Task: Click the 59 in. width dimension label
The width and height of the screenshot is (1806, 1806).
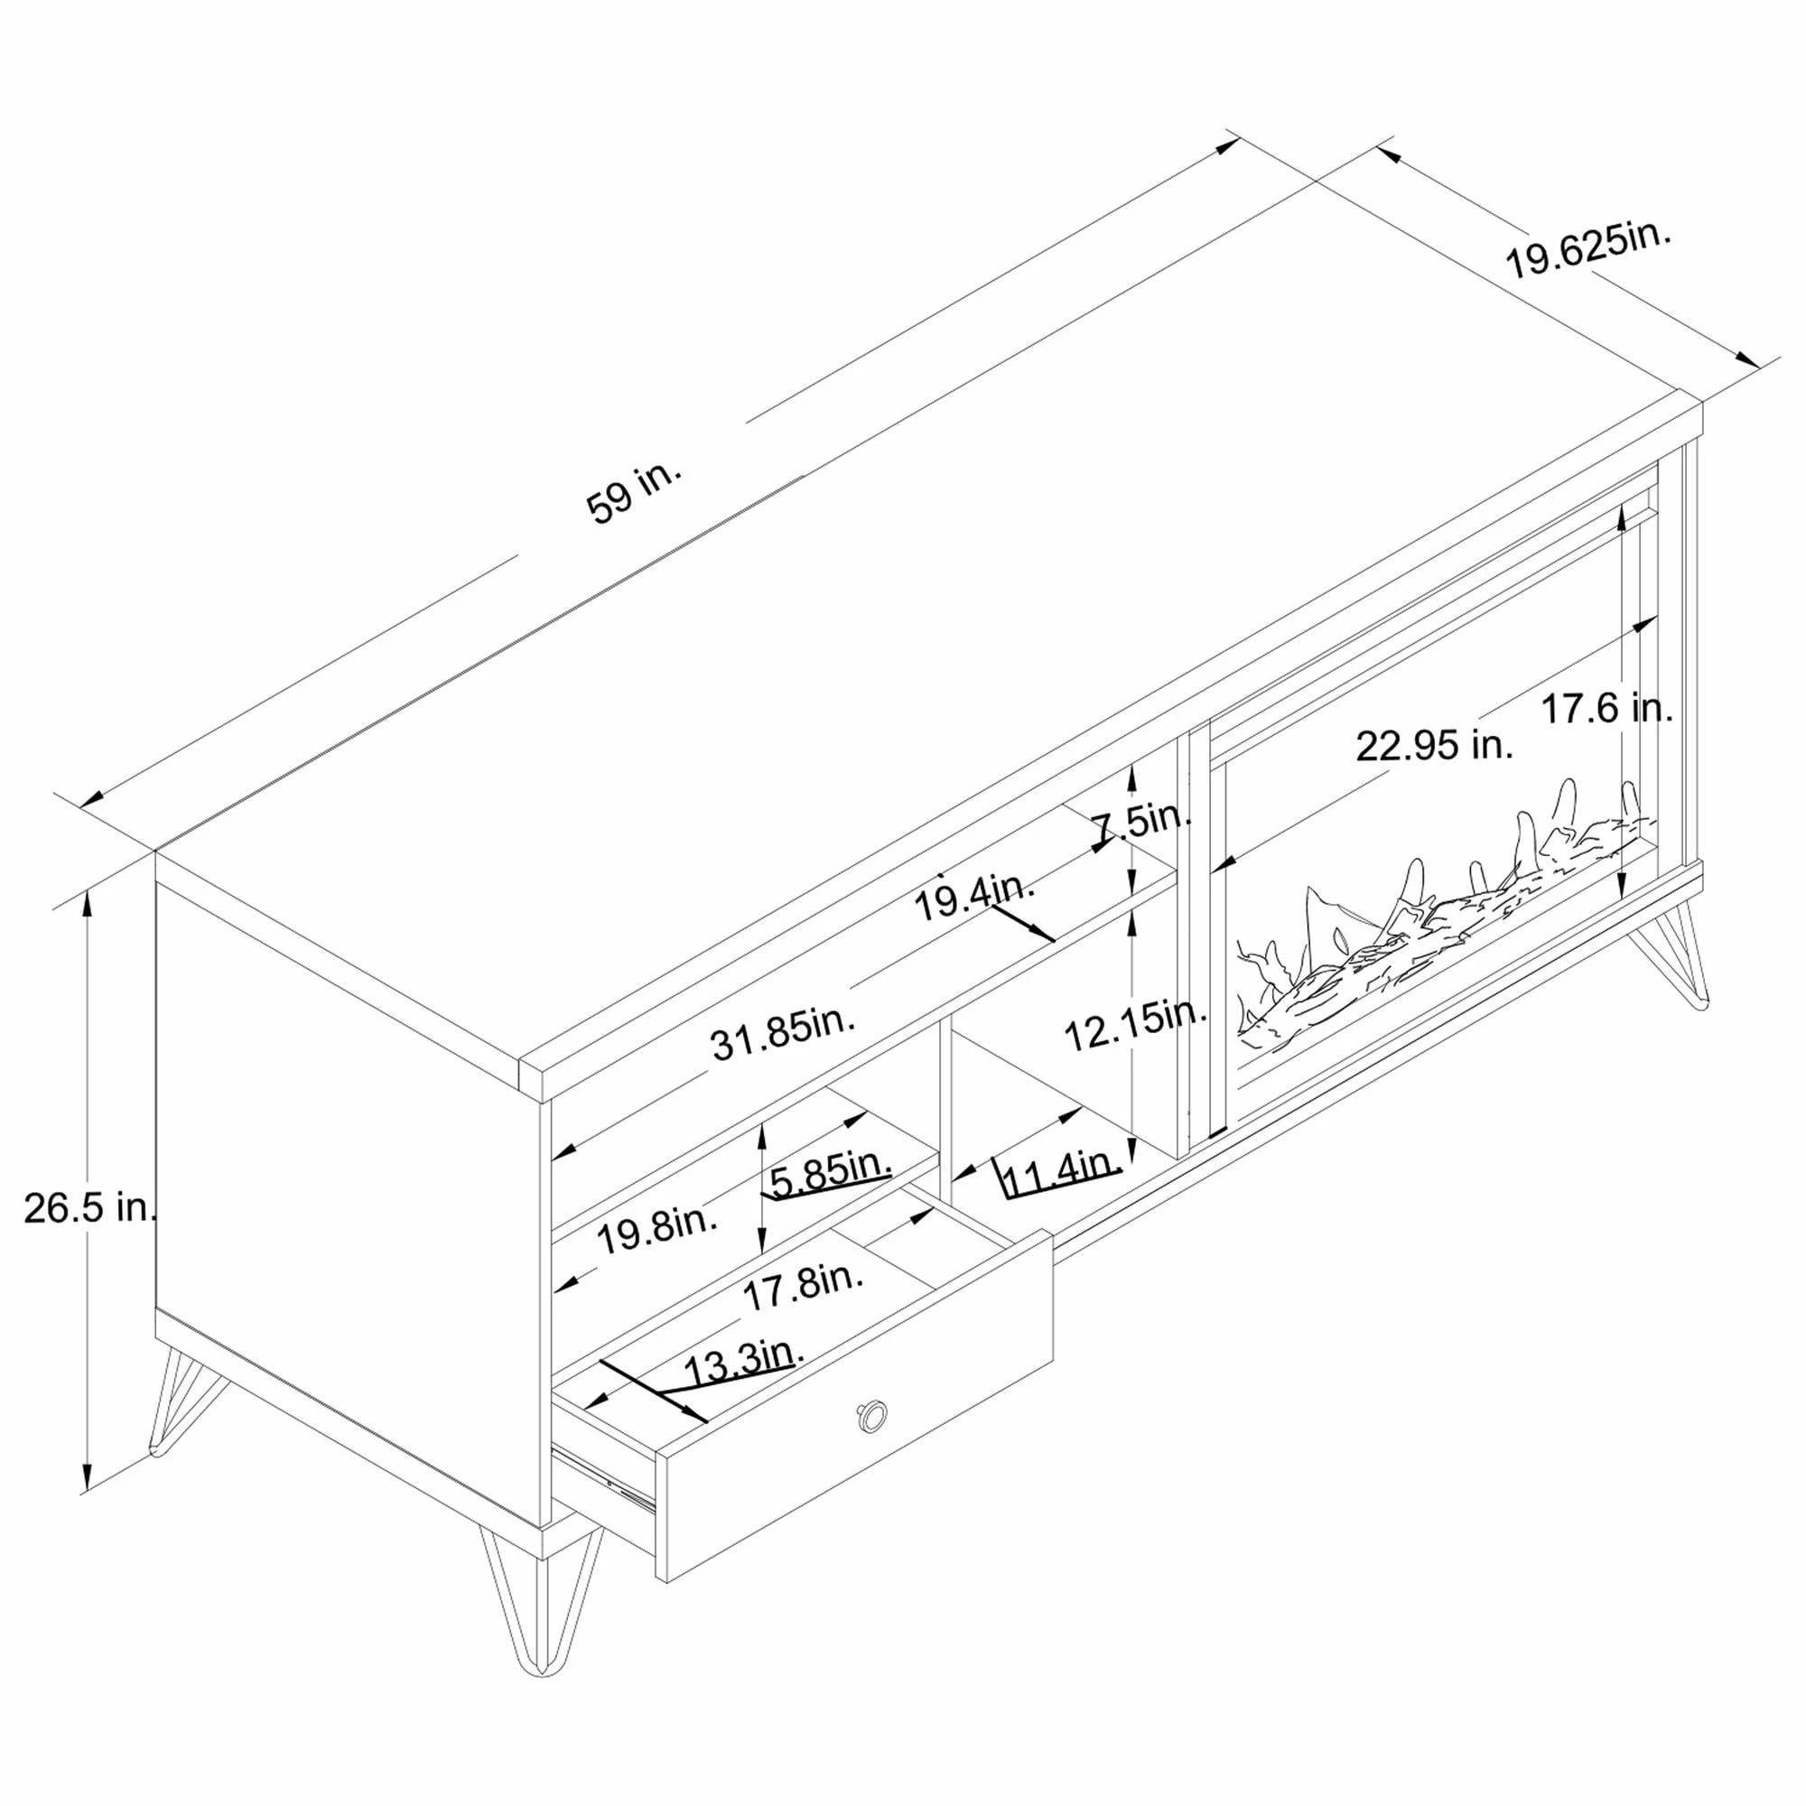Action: tap(635, 494)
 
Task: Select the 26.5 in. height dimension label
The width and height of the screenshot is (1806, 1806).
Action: tap(89, 1209)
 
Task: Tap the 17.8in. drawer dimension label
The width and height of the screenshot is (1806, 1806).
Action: tap(803, 1285)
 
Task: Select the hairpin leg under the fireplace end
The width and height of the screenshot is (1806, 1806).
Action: tap(1673, 954)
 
